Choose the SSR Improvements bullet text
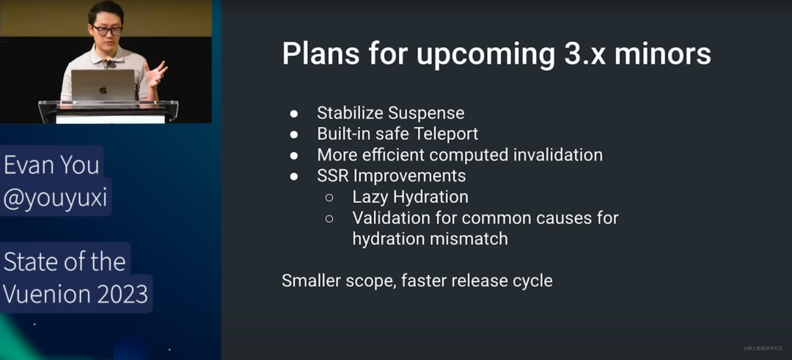392,176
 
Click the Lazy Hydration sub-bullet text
410,197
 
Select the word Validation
387,218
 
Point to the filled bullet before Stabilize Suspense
295,114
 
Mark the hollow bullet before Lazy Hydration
329,197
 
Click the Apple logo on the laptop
103,90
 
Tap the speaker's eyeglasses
106,31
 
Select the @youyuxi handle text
56,199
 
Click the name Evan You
51,166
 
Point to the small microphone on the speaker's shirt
107,64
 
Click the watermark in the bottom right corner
763,348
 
